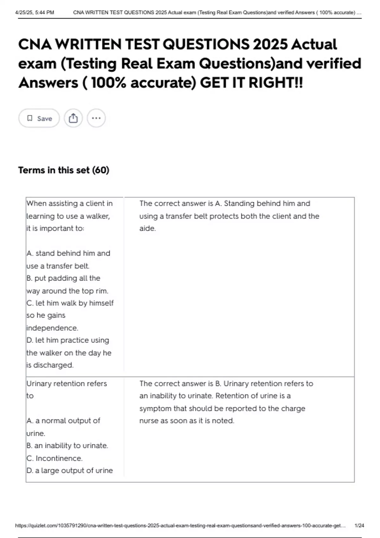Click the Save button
click(39, 118)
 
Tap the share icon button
click(73, 118)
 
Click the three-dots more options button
click(96, 118)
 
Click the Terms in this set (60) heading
click(64, 170)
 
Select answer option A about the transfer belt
click(68, 260)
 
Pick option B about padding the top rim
click(67, 285)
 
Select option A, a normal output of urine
click(63, 427)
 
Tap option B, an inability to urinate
click(67, 446)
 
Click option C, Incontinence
click(54, 458)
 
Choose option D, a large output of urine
click(70, 471)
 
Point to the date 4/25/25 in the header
click(25, 13)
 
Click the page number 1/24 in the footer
click(359, 526)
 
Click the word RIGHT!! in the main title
click(275, 83)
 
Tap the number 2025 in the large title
click(270, 44)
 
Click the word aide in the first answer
click(147, 228)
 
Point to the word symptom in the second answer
click(155, 409)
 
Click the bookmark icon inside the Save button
click(30, 118)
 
